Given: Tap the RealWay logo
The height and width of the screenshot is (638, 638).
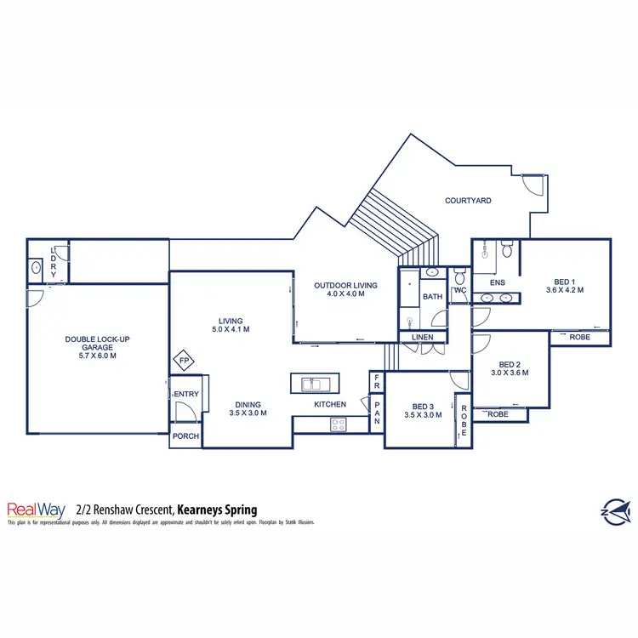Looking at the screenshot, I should click(37, 509).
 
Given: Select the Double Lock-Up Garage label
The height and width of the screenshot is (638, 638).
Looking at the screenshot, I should click(97, 347).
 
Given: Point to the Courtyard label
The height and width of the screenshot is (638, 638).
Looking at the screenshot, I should click(468, 201).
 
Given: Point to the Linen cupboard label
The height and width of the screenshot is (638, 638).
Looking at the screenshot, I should click(423, 338).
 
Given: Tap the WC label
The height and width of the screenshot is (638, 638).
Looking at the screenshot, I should click(460, 290).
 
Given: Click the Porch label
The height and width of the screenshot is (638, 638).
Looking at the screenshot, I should click(185, 436).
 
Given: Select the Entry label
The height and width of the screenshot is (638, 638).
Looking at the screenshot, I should click(185, 394).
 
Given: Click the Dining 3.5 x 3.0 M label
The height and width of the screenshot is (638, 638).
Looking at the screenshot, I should click(248, 409).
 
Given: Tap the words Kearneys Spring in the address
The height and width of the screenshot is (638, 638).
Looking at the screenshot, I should click(218, 510).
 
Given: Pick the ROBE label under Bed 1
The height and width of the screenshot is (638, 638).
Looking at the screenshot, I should click(579, 337).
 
